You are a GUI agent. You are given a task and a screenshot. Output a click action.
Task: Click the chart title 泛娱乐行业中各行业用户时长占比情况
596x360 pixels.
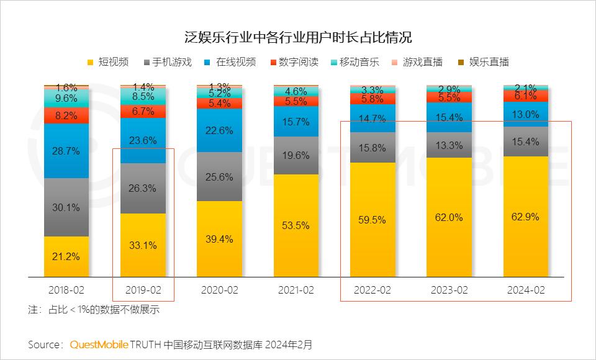point(298,37)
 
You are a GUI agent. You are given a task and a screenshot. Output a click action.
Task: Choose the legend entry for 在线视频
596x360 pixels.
point(230,62)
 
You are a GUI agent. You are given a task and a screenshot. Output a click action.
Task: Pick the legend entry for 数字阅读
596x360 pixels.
point(294,62)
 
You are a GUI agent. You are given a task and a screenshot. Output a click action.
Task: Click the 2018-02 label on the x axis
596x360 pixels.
point(66,290)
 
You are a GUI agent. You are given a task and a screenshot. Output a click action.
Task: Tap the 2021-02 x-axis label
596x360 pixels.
point(296,290)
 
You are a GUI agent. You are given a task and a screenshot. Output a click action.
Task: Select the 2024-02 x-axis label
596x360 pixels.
point(526,290)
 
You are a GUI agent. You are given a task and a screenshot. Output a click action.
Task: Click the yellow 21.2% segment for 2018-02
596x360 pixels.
point(66,256)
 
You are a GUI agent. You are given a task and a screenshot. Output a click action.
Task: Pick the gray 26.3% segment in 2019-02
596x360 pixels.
point(143,188)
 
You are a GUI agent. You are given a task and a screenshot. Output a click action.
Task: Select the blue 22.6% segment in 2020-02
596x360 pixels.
point(219,130)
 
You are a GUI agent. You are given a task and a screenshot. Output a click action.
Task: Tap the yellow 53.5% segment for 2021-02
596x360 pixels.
point(296,225)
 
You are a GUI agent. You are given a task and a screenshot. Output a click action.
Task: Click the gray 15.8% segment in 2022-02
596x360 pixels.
point(372,148)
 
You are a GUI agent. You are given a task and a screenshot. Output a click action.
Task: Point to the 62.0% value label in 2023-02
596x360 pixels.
point(449,217)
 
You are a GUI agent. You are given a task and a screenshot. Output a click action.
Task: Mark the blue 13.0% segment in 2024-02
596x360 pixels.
point(526,114)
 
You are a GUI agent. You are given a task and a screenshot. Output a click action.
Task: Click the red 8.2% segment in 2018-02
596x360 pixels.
point(66,115)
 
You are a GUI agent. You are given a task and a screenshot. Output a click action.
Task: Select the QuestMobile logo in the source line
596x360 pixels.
point(99,344)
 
